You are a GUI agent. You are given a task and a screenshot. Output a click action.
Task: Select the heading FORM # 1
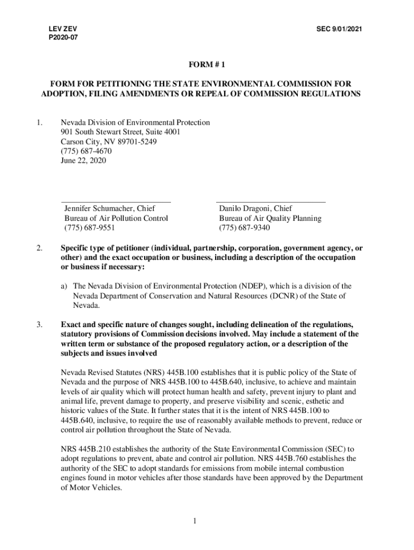pos(206,65)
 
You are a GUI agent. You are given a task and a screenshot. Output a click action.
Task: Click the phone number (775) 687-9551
pos(90,228)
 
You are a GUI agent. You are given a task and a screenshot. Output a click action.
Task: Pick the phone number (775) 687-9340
pos(244,228)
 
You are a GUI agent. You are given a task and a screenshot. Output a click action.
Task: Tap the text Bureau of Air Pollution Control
pos(116,218)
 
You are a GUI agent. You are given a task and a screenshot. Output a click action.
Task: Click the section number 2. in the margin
pos(40,249)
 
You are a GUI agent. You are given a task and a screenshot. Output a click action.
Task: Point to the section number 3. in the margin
pos(40,324)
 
